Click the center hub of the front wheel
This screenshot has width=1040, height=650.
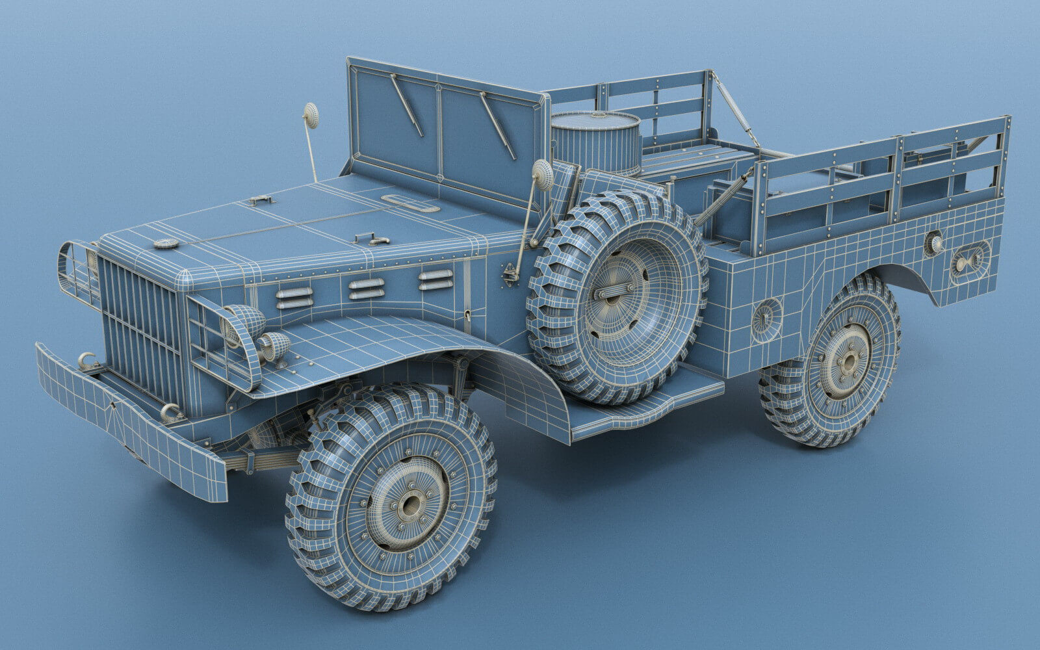coord(409,504)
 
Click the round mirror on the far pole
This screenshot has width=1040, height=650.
coord(311,115)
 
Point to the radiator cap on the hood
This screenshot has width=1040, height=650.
coord(166,244)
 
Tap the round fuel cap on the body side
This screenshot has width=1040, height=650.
coord(767,318)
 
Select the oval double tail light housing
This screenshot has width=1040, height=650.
coord(970,261)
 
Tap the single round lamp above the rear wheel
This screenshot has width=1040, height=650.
coord(935,244)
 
